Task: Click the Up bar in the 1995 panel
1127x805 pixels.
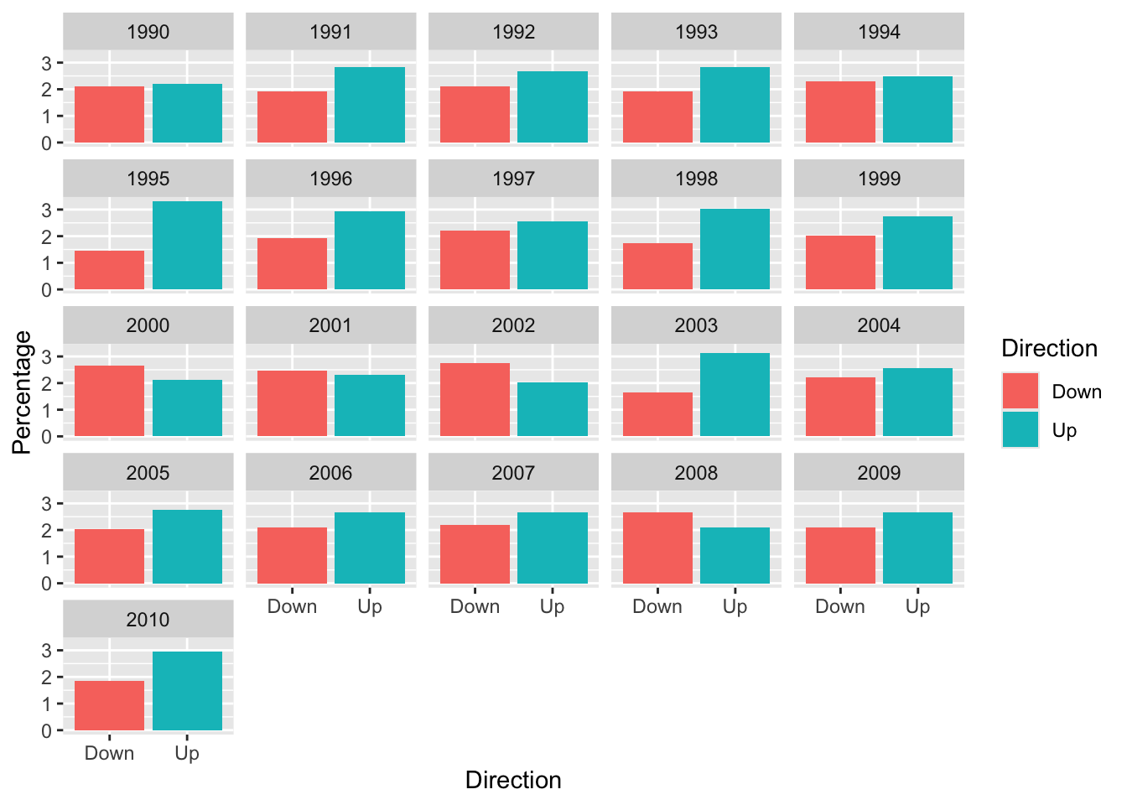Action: (187, 246)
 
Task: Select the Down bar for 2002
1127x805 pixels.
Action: (475, 399)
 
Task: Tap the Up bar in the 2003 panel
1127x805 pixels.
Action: (735, 394)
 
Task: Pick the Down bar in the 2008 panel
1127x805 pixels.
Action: (657, 548)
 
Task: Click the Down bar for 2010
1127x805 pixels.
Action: (109, 705)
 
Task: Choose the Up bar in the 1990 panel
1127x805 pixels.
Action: (187, 113)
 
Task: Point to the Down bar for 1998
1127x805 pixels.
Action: (657, 266)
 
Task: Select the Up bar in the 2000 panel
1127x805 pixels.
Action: (187, 408)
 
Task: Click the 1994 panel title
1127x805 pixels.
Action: (879, 32)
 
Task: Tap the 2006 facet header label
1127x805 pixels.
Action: (330, 473)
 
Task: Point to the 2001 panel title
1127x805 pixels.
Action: (330, 325)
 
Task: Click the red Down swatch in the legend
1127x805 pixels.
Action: (1021, 391)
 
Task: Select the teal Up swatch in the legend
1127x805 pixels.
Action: (1021, 429)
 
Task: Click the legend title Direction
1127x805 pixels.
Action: (1050, 348)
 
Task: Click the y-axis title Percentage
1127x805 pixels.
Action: (22, 392)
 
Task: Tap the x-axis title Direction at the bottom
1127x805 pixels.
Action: (513, 781)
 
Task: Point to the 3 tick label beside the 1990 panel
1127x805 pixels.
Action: (47, 64)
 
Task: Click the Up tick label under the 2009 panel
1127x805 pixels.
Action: (917, 607)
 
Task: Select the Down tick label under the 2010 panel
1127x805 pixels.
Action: (109, 753)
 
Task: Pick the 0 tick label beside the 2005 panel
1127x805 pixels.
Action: (47, 584)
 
